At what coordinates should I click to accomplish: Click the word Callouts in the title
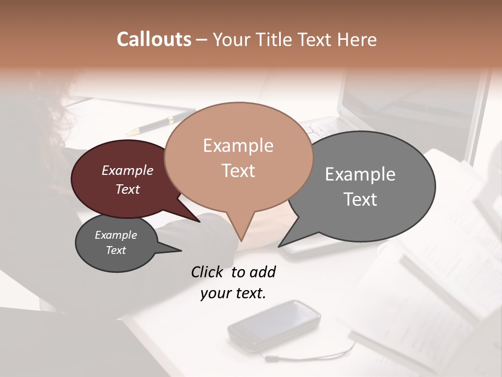[154, 39]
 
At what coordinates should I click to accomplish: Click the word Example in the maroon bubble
[128, 170]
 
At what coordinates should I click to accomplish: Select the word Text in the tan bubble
[238, 171]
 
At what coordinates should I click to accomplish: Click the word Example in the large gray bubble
[360, 174]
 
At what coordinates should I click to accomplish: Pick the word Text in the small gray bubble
[116, 250]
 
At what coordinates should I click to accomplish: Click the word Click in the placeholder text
[209, 272]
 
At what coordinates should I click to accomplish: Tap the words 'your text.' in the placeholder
[233, 293]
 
